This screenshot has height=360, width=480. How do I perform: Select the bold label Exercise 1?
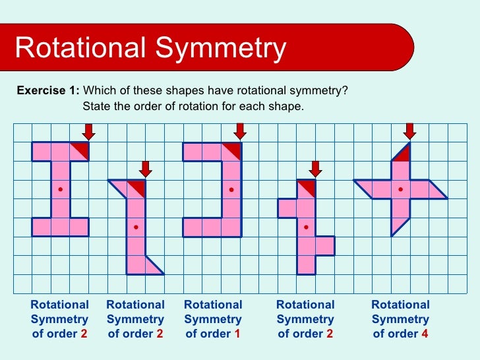point(48,91)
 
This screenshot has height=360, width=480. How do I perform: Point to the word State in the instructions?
point(96,106)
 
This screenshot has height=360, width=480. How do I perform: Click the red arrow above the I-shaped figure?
point(89,131)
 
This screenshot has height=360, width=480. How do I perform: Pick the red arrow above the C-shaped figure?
point(240,131)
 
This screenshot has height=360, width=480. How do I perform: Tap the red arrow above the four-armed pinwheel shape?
point(409,131)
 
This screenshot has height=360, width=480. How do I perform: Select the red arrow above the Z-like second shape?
point(146,169)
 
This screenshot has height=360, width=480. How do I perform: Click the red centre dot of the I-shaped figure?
point(60,189)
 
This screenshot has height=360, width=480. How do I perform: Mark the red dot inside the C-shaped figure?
point(231,189)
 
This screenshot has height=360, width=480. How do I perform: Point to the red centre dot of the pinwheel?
point(400,189)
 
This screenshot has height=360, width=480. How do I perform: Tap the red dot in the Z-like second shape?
point(136,227)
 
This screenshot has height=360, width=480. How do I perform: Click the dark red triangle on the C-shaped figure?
point(233,150)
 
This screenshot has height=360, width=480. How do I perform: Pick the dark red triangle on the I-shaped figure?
point(82,149)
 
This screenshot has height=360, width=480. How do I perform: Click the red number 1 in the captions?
point(237,334)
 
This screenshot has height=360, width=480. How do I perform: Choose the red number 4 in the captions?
point(425,334)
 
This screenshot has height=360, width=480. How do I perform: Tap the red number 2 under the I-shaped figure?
point(84,334)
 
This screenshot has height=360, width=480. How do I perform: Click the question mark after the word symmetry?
point(345,91)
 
